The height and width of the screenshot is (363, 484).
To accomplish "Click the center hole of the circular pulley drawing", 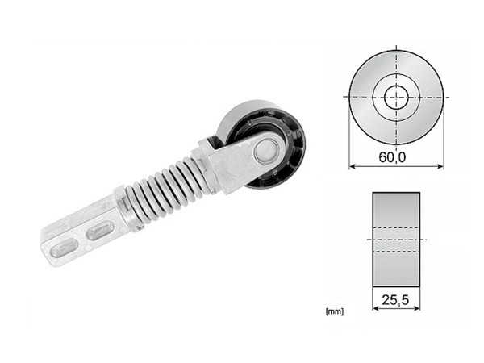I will [x=396, y=97].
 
